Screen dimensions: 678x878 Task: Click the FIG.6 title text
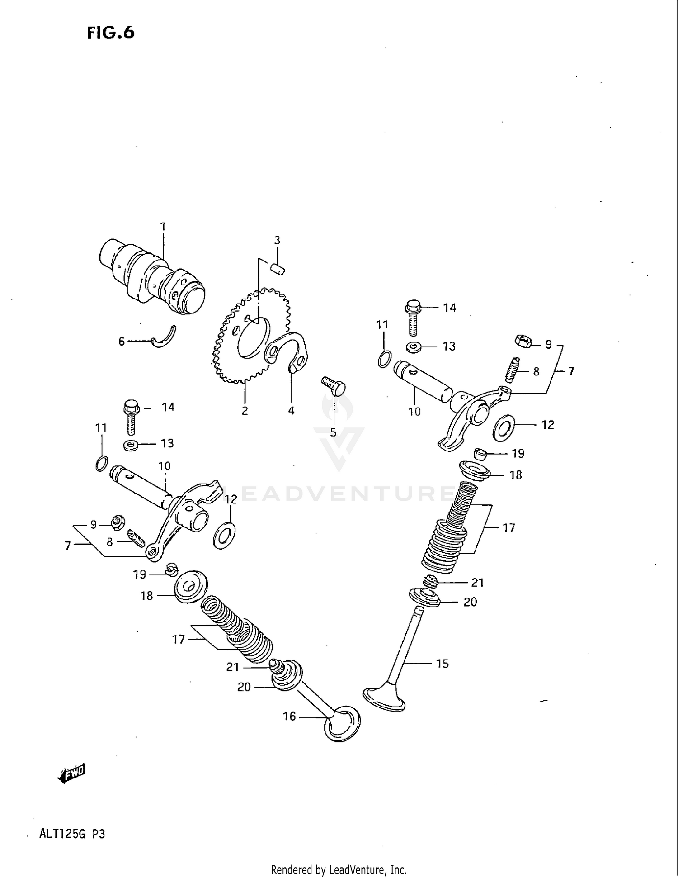(111, 33)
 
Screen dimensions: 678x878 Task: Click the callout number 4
(291, 410)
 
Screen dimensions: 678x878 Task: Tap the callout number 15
(442, 664)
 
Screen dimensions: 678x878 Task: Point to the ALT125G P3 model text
(72, 834)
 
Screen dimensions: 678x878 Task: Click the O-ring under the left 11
(102, 464)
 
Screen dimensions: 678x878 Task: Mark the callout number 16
(289, 716)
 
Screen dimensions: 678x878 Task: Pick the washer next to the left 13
(132, 445)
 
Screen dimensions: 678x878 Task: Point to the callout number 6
(121, 342)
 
